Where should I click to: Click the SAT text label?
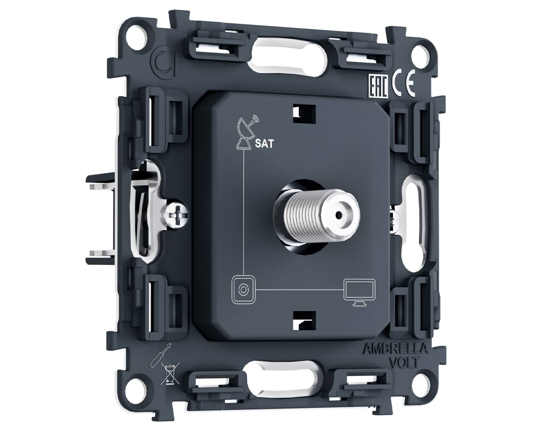click(264, 144)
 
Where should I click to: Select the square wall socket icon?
click(243, 290)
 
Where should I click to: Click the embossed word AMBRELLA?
click(395, 349)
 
